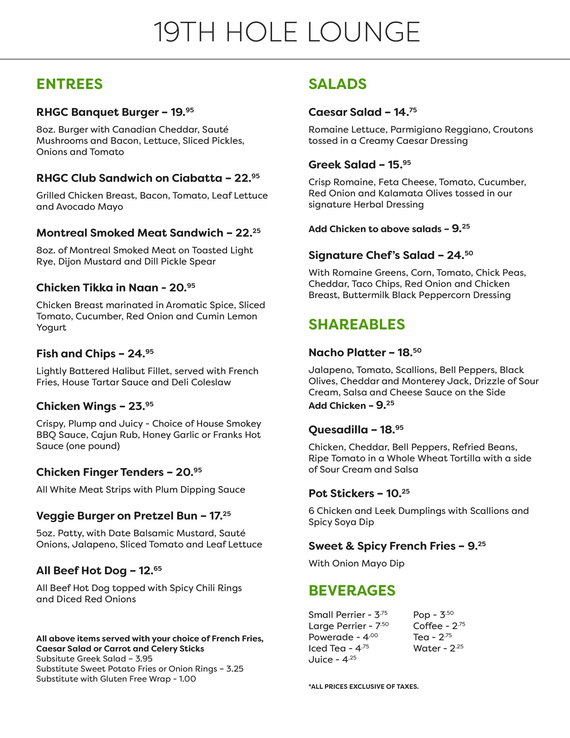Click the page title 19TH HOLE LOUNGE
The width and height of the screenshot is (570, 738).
[286, 32]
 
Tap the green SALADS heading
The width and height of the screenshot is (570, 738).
[337, 84]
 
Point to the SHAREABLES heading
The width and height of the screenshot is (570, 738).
[356, 324]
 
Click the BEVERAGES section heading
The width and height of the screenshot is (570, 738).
[352, 590]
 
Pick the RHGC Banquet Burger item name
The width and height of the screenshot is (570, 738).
[97, 112]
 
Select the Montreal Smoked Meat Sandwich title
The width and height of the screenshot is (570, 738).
[130, 233]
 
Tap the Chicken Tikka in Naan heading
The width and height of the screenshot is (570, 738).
[97, 288]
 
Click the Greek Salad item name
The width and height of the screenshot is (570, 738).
[342, 165]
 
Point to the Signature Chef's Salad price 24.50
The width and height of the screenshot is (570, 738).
[460, 255]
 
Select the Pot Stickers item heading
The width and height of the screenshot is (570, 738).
[341, 493]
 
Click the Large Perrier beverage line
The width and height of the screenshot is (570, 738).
[348, 626]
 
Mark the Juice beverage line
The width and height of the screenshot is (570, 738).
[332, 659]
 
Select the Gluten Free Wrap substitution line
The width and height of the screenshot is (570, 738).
[116, 679]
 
